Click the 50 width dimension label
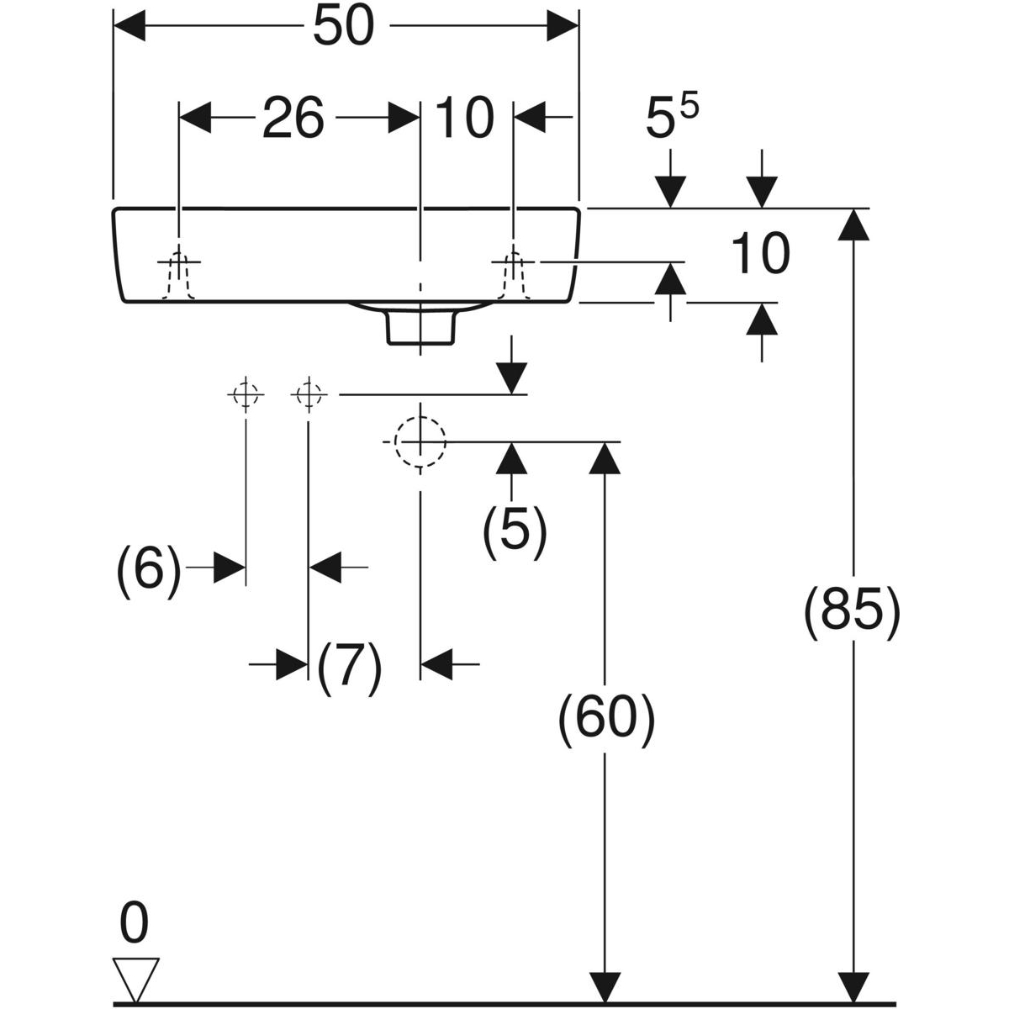point(342,28)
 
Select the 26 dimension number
point(293,118)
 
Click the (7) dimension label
point(350,668)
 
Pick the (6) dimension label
point(149,571)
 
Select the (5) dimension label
point(515,532)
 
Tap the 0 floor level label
point(134,922)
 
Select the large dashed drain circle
point(420,441)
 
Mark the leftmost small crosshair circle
point(245,394)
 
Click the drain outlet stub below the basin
point(420,327)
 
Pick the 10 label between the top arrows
point(760,255)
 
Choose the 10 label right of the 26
point(465,118)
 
